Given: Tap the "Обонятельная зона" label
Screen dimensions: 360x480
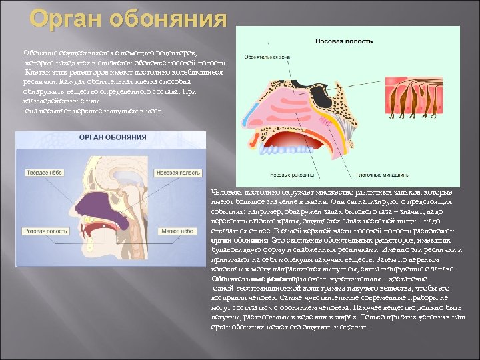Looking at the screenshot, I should [267, 57].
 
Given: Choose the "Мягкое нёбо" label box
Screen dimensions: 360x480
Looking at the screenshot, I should [177, 231].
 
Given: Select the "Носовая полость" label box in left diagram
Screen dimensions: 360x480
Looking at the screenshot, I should [178, 173].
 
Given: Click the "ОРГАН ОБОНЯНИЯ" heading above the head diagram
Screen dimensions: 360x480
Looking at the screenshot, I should [113, 137].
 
